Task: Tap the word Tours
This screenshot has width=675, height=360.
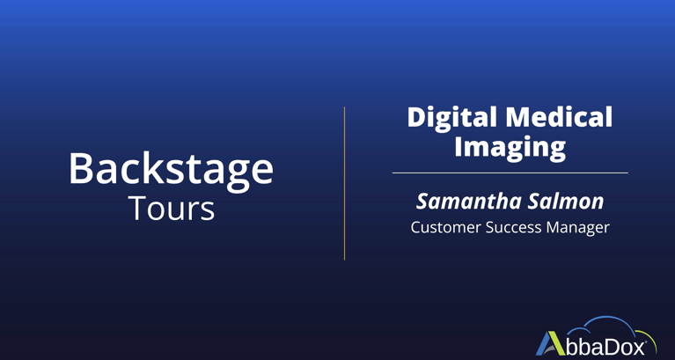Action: point(172,209)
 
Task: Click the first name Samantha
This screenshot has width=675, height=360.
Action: point(462,202)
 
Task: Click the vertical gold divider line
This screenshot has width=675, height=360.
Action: point(344,183)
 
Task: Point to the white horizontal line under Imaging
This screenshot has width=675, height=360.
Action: point(510,173)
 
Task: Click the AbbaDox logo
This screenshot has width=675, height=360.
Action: point(596,338)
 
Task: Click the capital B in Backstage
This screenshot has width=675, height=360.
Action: point(82,169)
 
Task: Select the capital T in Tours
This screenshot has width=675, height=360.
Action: point(139,208)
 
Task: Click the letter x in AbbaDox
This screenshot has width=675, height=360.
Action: point(637,348)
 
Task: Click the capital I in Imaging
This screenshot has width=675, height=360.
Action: point(459,146)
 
